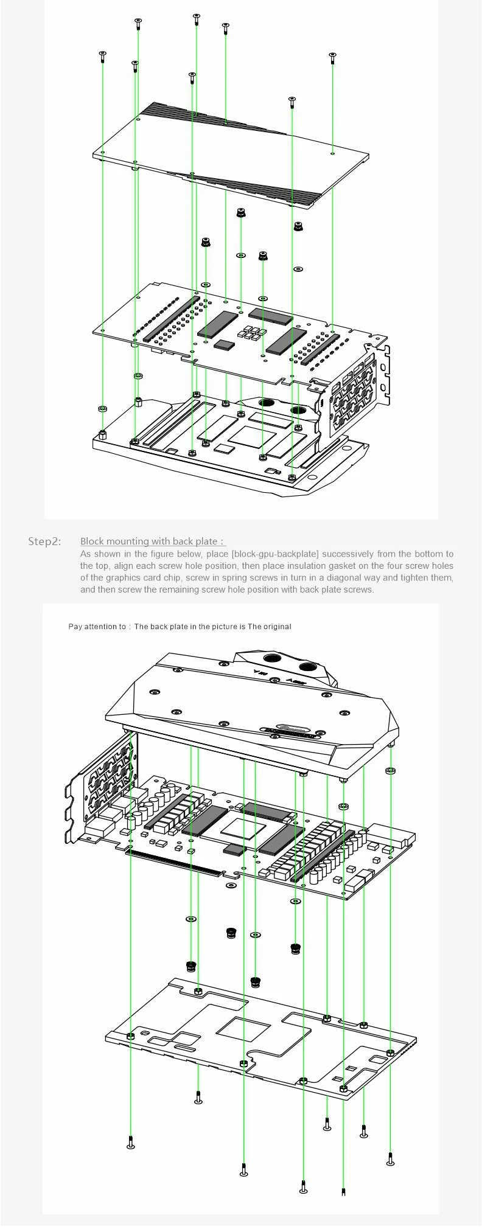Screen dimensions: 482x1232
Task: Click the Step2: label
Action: coord(44,541)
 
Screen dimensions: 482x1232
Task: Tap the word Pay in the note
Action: coord(75,626)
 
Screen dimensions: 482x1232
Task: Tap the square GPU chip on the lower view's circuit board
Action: coord(239,826)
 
